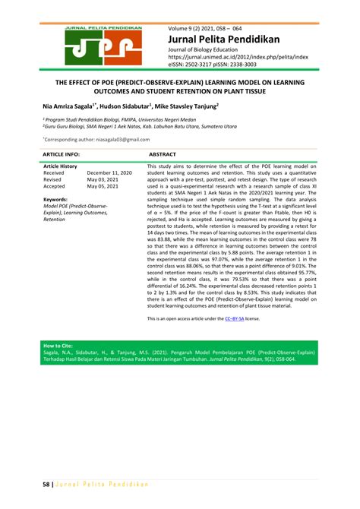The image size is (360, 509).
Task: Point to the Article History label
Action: point(60,166)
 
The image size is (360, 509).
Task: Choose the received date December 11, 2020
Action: point(109,172)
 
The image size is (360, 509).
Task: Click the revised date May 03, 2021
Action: point(103,179)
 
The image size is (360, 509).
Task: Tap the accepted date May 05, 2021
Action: point(103,186)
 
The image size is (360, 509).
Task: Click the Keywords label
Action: point(56,199)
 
